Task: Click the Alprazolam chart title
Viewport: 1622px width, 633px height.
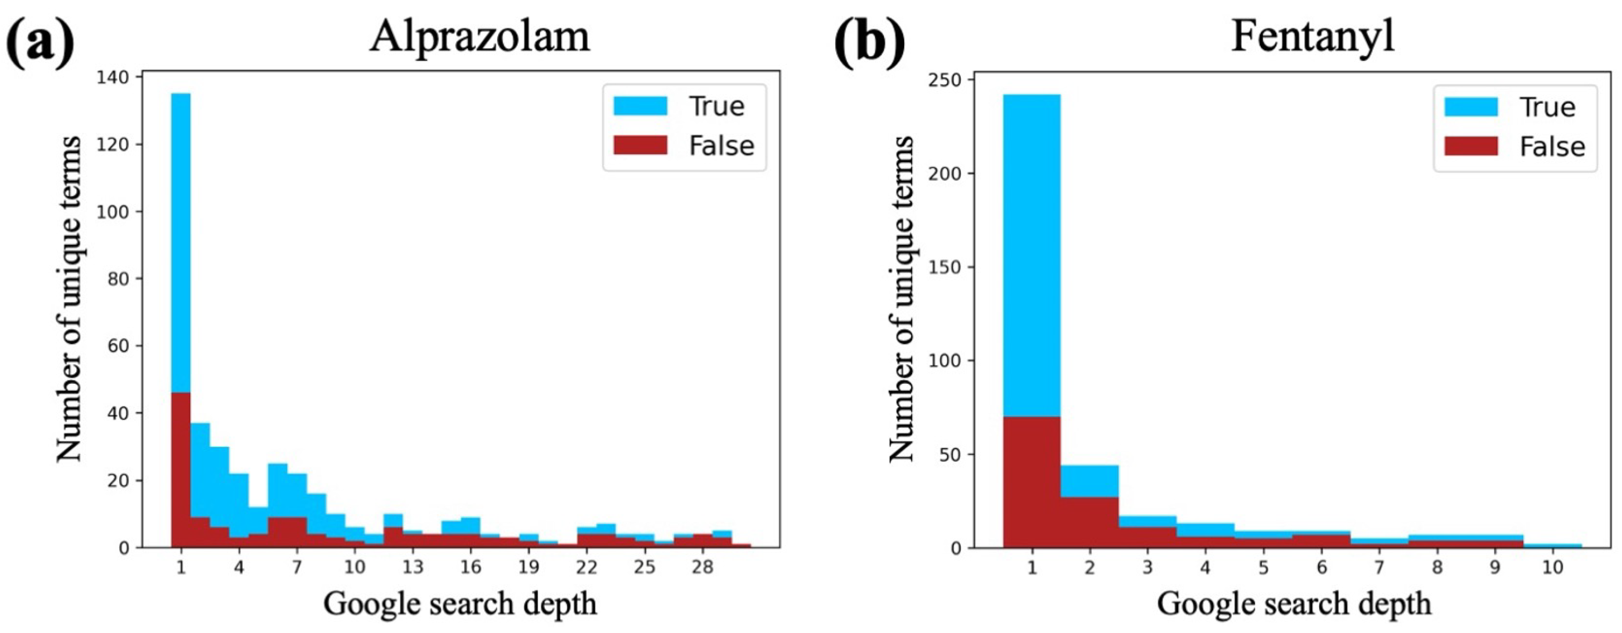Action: [480, 37]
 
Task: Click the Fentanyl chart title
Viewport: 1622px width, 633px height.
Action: [1313, 37]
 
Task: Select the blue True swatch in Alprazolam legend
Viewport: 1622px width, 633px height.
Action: [640, 106]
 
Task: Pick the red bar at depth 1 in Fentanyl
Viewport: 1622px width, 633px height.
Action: [1031, 482]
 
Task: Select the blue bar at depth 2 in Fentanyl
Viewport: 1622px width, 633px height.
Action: [1089, 481]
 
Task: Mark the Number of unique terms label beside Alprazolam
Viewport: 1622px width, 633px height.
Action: [68, 299]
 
